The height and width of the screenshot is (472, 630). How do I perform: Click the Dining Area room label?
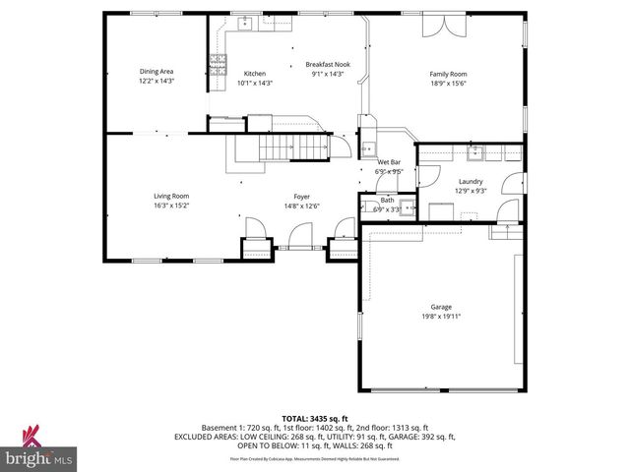(x=157, y=72)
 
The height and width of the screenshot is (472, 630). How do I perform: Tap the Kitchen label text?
(x=255, y=74)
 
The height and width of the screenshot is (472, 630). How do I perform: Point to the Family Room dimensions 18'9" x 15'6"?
(x=447, y=83)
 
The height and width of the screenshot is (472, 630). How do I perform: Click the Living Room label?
(x=170, y=196)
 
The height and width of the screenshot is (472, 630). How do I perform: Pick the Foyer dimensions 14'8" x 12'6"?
(x=302, y=206)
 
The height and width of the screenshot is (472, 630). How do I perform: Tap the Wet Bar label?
(x=389, y=161)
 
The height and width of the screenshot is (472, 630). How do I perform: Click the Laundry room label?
(x=471, y=181)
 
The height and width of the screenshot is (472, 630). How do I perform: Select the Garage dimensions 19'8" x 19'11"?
(x=440, y=316)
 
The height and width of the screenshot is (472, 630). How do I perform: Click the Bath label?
(x=388, y=201)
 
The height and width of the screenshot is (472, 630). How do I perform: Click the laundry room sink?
(x=474, y=151)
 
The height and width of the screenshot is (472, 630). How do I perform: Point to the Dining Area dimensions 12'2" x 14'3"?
(x=157, y=81)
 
